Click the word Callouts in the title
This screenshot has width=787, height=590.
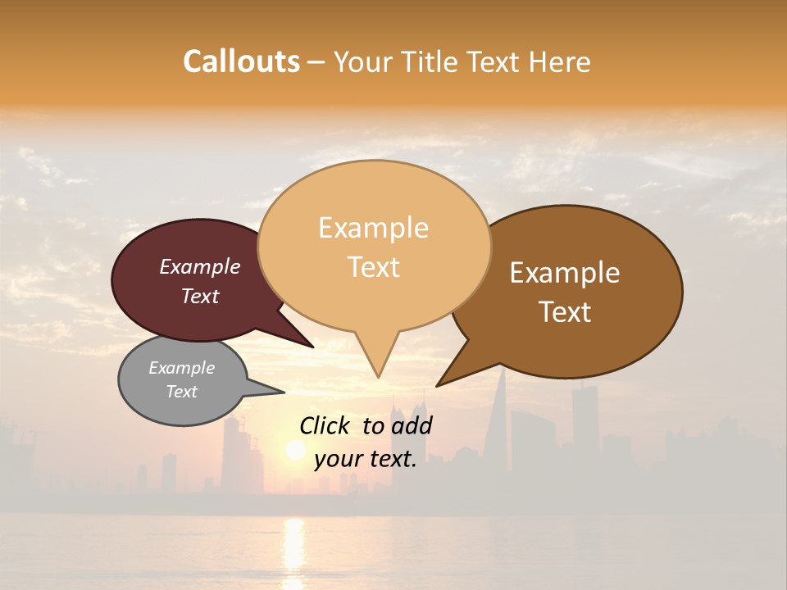pos(241,61)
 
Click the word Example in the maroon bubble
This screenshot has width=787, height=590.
pos(200,266)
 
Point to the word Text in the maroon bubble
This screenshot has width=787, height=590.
pos(200,296)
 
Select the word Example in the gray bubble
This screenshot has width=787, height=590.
pos(181,368)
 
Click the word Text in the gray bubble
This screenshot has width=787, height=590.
pos(181,392)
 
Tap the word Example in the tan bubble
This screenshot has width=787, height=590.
pos(373,228)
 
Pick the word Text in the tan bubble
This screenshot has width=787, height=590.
pos(373,267)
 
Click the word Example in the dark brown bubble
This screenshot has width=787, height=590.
pos(565,273)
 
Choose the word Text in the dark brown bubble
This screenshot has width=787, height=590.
pos(565,312)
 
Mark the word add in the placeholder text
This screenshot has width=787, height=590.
pos(412,425)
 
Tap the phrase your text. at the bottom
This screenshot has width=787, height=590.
pos(366,459)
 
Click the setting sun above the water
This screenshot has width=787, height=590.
pos(294,449)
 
